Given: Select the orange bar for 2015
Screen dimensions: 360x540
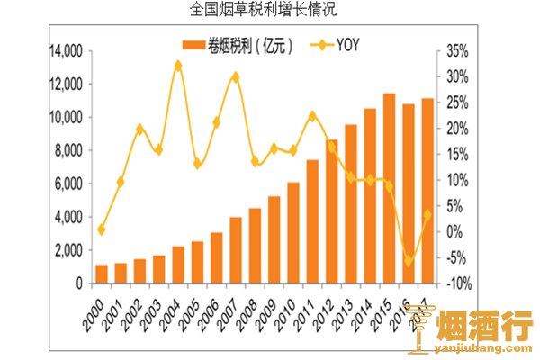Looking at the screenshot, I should pyautogui.click(x=389, y=189).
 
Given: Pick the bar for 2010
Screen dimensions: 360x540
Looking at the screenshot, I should pyautogui.click(x=293, y=233).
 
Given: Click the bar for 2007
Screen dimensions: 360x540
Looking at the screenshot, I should pyautogui.click(x=235, y=250).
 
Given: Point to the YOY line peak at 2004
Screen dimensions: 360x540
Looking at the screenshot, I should pyautogui.click(x=177, y=66).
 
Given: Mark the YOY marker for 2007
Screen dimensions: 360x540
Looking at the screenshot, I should pyautogui.click(x=235, y=76).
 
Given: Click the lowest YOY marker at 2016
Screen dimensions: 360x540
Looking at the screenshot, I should pyautogui.click(x=409, y=261).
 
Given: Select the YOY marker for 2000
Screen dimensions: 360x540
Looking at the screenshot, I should pyautogui.click(x=101, y=229).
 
